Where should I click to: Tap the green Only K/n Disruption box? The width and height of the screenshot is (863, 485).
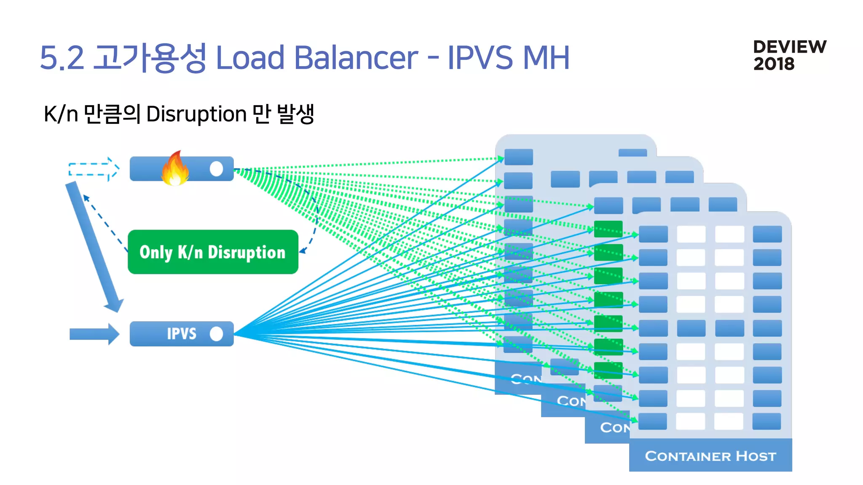(213, 252)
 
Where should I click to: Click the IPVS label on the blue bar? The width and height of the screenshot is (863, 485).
(181, 334)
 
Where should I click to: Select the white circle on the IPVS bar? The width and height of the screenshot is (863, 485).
(216, 334)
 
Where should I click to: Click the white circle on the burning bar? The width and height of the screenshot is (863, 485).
(216, 169)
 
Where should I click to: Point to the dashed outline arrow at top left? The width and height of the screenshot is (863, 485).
(94, 169)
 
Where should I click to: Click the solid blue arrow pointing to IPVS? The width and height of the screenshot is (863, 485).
(94, 334)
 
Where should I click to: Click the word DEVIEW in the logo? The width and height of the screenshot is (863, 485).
(789, 47)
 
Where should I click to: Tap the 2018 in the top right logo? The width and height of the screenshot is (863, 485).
(774, 64)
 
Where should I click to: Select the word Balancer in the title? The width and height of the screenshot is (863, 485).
(356, 58)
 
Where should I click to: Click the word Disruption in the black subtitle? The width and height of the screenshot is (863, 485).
(196, 114)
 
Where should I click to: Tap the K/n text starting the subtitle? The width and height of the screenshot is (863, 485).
(61, 114)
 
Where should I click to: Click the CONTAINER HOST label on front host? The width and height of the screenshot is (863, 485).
(710, 456)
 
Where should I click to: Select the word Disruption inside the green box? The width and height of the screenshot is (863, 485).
(247, 252)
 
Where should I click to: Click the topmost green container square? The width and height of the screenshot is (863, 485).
(608, 229)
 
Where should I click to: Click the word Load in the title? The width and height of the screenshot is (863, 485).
(250, 58)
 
